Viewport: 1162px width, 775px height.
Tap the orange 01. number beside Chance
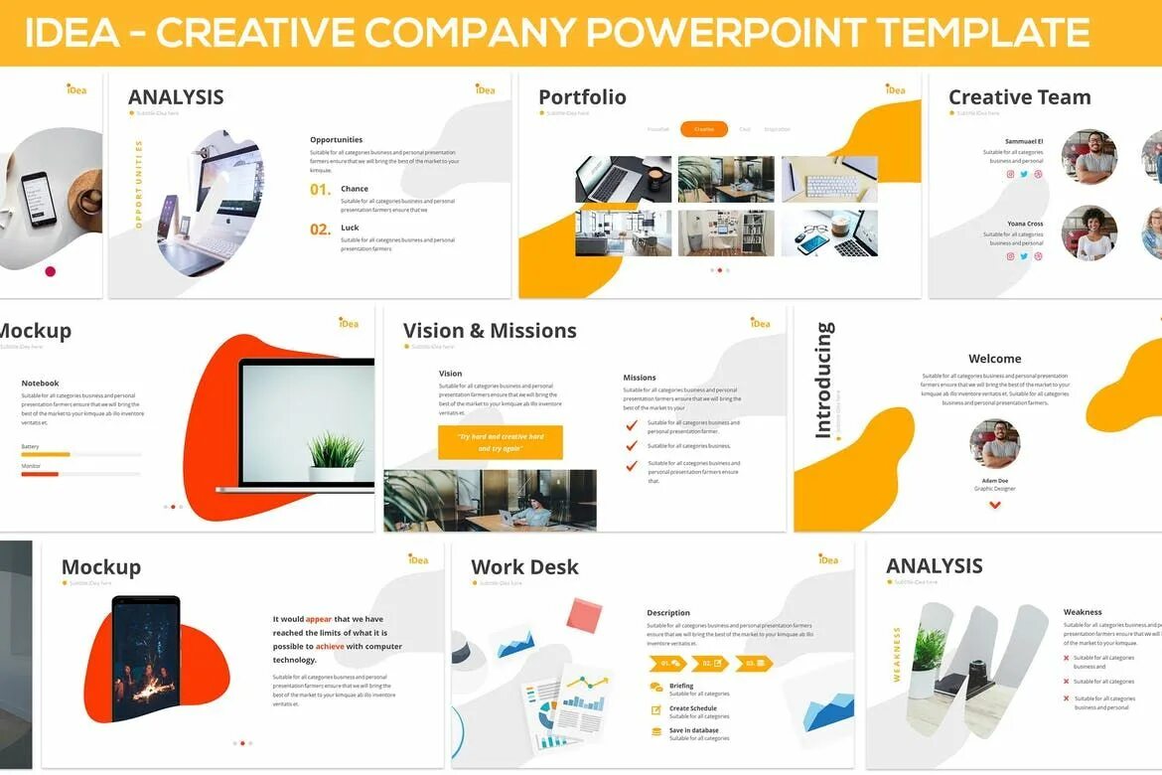tap(320, 189)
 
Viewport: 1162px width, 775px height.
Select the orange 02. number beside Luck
tap(320, 230)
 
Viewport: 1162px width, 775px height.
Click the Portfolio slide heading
tap(582, 96)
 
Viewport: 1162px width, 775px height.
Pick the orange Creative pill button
tap(704, 129)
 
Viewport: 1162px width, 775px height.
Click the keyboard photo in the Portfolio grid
tap(829, 179)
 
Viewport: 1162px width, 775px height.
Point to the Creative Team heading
tap(1019, 96)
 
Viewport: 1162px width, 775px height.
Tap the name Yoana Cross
tap(1025, 224)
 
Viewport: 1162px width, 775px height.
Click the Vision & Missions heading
tap(490, 331)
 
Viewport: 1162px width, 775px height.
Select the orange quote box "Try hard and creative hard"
tap(501, 442)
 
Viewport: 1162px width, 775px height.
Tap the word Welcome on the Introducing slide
tap(994, 359)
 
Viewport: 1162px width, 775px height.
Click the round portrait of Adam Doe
tap(994, 444)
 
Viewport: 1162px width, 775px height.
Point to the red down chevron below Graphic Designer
tap(994, 505)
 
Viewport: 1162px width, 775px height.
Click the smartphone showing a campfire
tap(146, 659)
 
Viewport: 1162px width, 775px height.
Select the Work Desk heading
tap(524, 567)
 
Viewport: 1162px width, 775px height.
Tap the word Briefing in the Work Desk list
tap(681, 686)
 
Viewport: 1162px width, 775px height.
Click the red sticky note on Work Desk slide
tap(584, 615)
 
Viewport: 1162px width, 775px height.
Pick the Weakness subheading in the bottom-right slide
tap(1083, 612)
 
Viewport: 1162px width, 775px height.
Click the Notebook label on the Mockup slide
tap(40, 384)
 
